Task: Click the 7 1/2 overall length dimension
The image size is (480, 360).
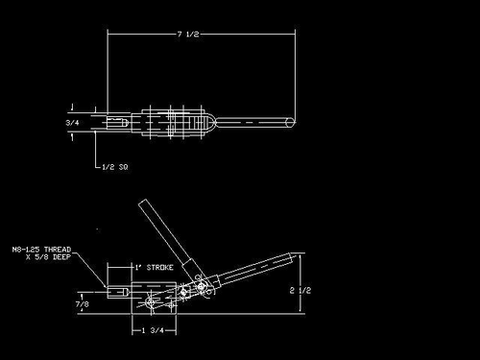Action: tap(188, 34)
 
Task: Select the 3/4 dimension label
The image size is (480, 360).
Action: tap(72, 123)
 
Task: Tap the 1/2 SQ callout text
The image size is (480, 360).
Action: tap(116, 166)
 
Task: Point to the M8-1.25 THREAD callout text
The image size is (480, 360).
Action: tap(44, 250)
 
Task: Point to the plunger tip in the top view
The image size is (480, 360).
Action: tap(99, 123)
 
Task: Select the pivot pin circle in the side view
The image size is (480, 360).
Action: tap(199, 286)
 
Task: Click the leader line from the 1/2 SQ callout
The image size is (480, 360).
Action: tap(98, 154)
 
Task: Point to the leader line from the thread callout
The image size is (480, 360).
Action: tap(92, 269)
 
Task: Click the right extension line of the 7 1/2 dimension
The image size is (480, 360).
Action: tap(294, 77)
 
